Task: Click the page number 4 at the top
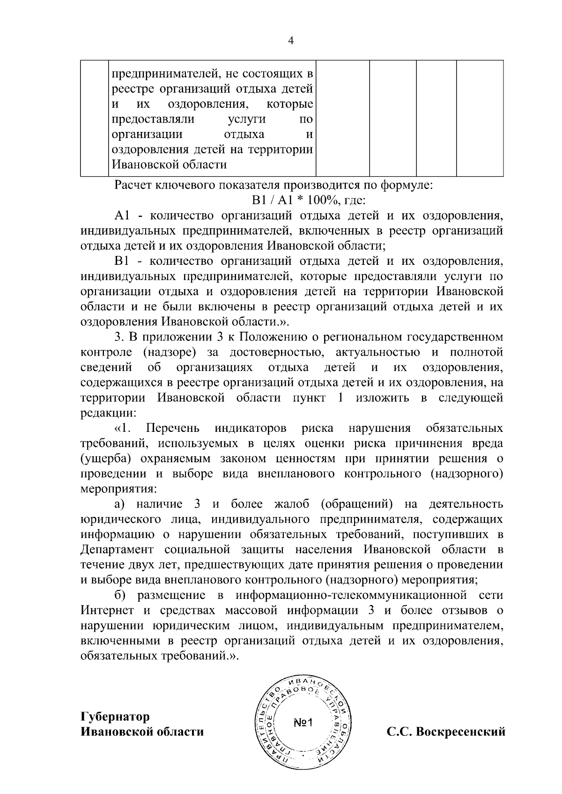click(290, 41)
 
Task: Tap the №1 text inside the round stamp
click(305, 723)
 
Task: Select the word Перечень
click(173, 428)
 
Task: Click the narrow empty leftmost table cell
click(95, 118)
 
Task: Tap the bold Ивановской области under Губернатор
click(142, 731)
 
